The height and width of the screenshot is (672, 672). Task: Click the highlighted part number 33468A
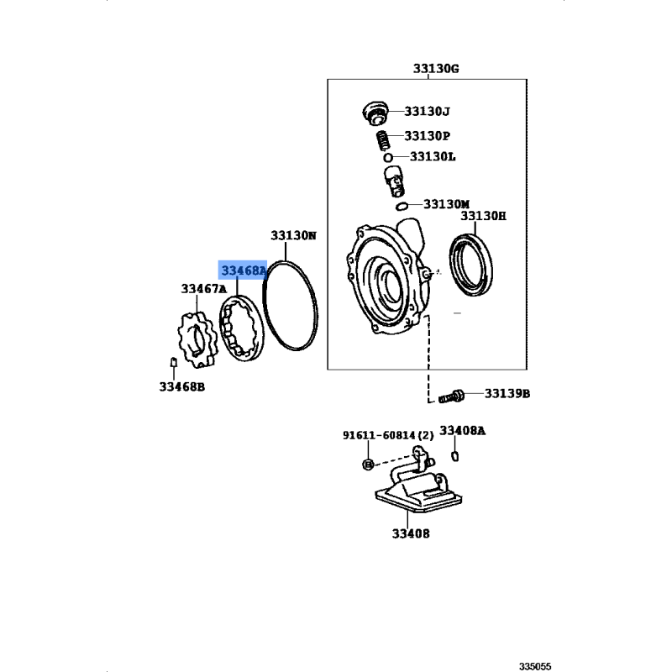(x=244, y=270)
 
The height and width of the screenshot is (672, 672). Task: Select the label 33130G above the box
(x=436, y=69)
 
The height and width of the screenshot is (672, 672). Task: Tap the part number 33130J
(x=428, y=112)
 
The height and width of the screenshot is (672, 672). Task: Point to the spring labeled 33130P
(x=383, y=141)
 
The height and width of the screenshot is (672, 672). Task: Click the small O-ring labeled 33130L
(x=388, y=157)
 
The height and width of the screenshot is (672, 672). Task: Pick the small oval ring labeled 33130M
(x=402, y=207)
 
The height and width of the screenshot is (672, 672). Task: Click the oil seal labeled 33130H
(x=470, y=265)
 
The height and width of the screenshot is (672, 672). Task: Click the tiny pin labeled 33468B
(x=174, y=362)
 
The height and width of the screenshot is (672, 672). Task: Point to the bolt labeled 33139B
(x=451, y=396)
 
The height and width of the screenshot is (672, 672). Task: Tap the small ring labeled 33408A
(x=455, y=456)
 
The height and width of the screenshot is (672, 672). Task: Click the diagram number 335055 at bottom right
(x=535, y=666)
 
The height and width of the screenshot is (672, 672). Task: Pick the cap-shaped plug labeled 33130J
(x=375, y=113)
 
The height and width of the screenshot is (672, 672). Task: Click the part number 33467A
(x=203, y=289)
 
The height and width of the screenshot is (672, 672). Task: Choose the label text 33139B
(x=507, y=393)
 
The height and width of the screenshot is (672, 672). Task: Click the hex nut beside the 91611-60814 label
(x=368, y=464)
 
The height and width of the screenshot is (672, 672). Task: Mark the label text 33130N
(x=293, y=236)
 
